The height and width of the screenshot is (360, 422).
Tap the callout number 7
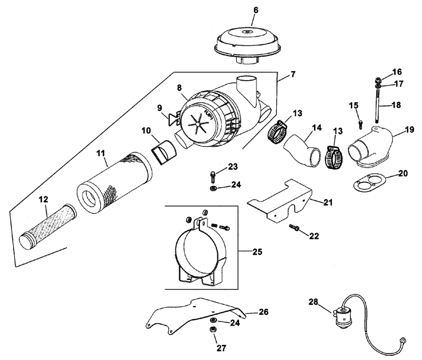click(x=293, y=74)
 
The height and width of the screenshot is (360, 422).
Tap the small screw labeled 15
click(x=361, y=125)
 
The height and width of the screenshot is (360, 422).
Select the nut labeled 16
click(x=377, y=80)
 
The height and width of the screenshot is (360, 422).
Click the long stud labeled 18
click(x=377, y=106)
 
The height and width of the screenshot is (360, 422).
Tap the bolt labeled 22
click(x=294, y=228)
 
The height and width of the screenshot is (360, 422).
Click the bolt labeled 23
click(x=213, y=177)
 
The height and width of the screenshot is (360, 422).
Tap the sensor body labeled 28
click(x=343, y=317)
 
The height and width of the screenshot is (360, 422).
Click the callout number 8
click(x=179, y=87)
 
